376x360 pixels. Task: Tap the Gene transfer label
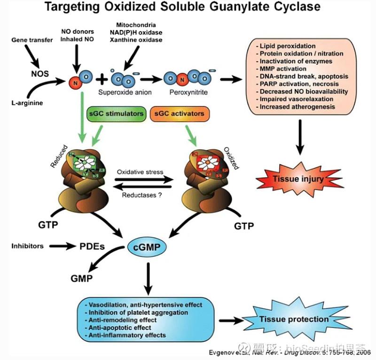pyautogui.click(x=31, y=41)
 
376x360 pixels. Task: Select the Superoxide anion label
pyautogui.click(x=125, y=93)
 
